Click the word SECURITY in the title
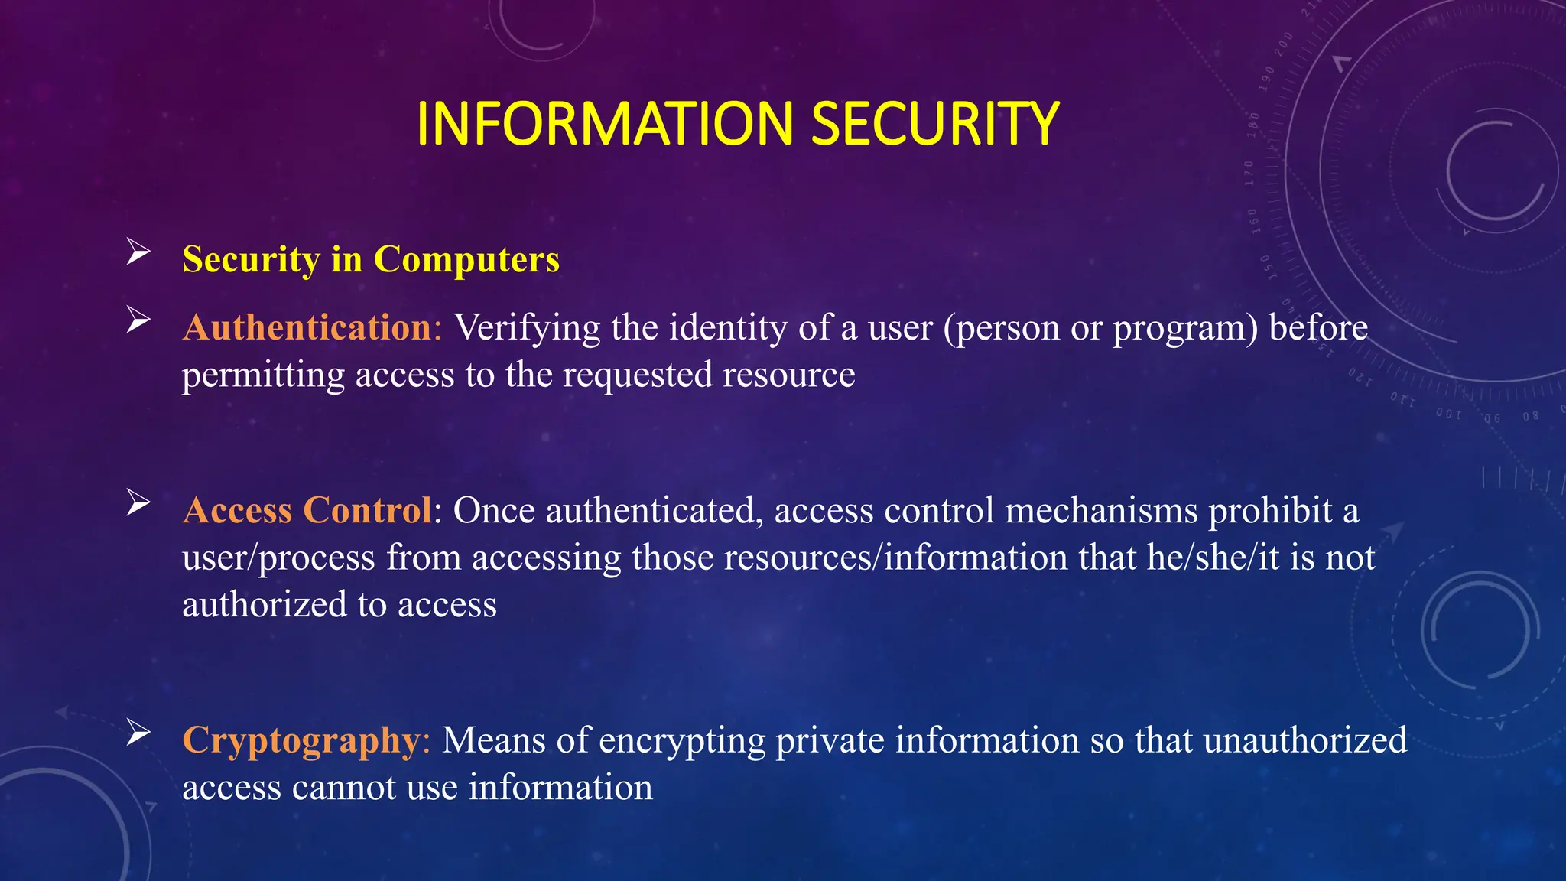934,124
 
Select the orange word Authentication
307,328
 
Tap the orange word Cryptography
301,740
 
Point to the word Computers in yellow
466,259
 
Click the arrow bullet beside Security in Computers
138,251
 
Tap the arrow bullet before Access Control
138,502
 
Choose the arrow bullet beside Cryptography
138,732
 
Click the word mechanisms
1101,510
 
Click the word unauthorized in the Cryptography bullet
1304,740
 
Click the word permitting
263,375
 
